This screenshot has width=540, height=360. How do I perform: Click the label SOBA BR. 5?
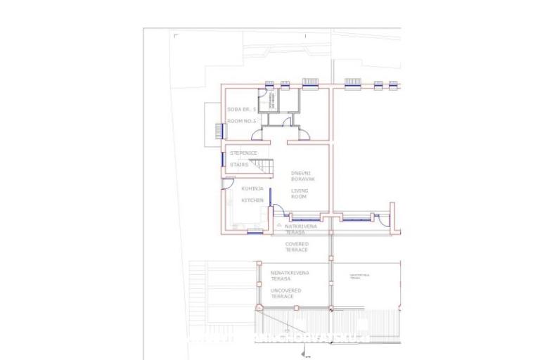240,110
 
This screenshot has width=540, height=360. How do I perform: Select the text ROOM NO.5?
241,121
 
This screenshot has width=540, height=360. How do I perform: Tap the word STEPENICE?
244,153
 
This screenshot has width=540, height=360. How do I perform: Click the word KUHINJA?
252,188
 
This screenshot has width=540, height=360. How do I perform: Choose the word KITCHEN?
252,200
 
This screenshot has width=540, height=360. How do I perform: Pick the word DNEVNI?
302,173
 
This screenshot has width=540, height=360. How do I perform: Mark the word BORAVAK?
303,179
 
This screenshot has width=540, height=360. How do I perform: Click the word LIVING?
300,190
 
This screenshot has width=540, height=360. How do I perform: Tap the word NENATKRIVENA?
290,272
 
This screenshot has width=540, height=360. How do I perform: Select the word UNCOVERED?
286,290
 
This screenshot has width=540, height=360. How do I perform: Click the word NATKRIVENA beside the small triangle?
301,226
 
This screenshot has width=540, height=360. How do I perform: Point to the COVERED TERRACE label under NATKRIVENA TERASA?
297,247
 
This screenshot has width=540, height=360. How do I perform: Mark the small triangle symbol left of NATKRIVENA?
279,224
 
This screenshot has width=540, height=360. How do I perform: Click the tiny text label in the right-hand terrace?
359,276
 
